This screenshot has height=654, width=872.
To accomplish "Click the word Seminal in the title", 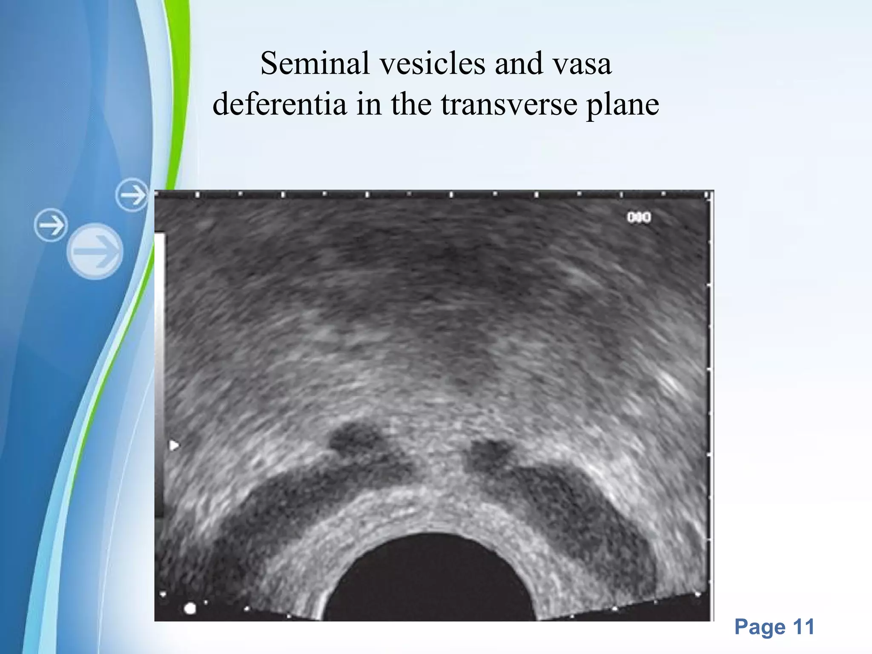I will pos(315,64).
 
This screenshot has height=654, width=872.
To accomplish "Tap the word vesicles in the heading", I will pos(432,64).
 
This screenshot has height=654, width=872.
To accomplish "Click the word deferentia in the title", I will pos(279,104).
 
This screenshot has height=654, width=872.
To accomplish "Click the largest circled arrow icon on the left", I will pos(95,251).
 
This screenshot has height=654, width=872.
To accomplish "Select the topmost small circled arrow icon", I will pos(132,195).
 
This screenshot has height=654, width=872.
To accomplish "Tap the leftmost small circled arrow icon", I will pos(51,225).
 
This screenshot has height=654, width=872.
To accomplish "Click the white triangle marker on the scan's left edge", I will pos(174,446).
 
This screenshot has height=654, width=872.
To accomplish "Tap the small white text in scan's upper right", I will pos(639,218).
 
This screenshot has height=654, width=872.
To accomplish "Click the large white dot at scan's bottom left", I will pos(190,608).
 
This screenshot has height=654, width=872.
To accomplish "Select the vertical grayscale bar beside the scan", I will pos(160,375).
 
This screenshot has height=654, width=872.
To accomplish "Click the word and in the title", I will pos(519,64).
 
